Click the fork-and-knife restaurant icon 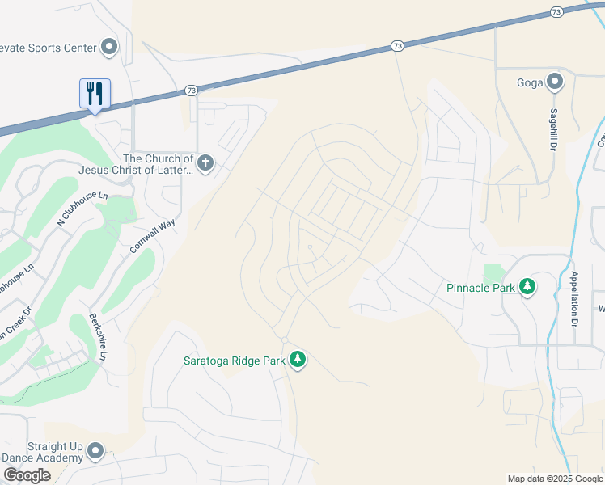tap(95, 94)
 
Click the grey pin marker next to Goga tap(555, 82)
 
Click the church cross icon tap(205, 164)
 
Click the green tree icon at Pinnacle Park tap(527, 287)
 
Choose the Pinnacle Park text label tap(480, 288)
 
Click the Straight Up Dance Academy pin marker tap(96, 451)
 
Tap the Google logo tap(27, 475)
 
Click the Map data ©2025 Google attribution tap(554, 479)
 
